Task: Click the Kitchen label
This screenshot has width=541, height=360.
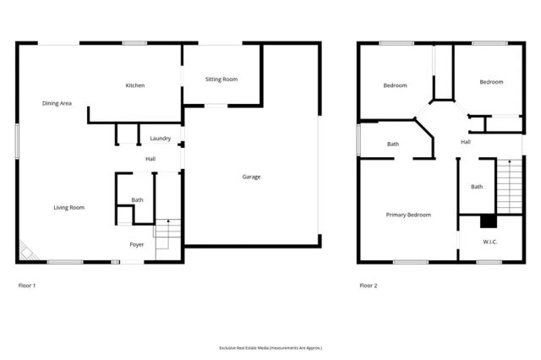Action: [x=135, y=85]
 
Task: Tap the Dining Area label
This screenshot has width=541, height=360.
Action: [x=57, y=103]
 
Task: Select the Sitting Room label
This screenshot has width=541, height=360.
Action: [x=221, y=79]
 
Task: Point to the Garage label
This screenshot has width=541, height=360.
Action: [x=251, y=177]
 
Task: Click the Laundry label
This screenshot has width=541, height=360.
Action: [x=161, y=139]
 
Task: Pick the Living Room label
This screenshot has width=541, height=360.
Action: [x=68, y=207]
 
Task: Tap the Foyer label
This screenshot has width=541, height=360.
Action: [x=136, y=244]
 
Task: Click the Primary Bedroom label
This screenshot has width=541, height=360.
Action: [x=408, y=215]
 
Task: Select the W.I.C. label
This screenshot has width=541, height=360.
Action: [x=489, y=243]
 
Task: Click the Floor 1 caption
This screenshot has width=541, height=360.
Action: [x=27, y=286]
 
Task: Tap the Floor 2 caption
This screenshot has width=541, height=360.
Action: [x=369, y=286]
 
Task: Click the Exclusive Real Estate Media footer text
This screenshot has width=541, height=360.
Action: [x=270, y=347]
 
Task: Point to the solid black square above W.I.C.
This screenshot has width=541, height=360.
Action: [x=487, y=222]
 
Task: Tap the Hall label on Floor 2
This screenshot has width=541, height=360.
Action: [x=466, y=142]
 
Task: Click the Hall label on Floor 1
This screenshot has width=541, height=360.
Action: [x=150, y=158]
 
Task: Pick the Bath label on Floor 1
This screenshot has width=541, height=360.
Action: [x=137, y=200]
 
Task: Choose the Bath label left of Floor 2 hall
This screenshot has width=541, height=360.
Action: [x=393, y=145]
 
